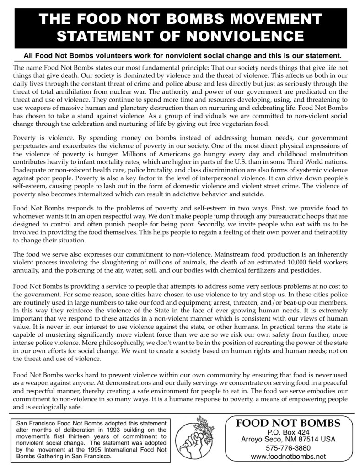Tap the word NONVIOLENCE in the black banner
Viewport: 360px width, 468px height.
pos(245,36)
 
